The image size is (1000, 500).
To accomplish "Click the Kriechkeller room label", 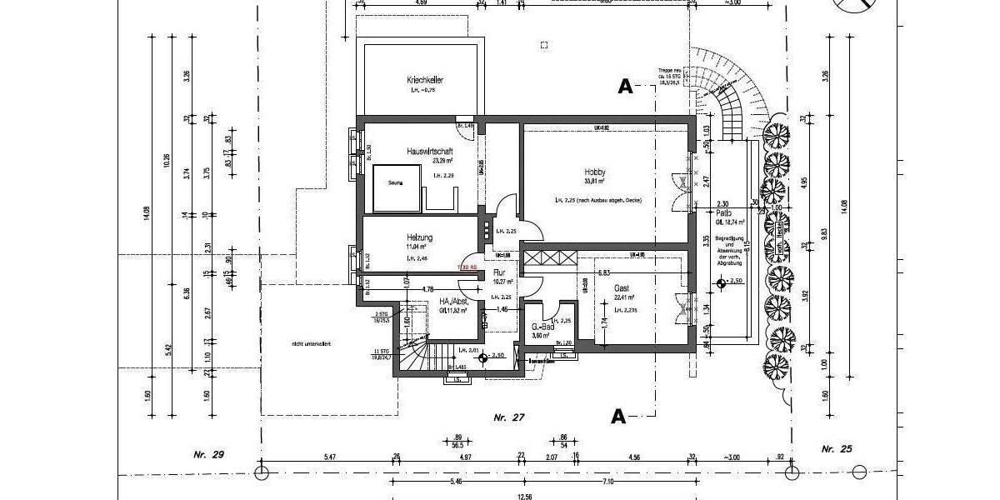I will point(425,80).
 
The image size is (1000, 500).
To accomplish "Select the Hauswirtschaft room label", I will point(429,151).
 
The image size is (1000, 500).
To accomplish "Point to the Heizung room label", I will point(420,237).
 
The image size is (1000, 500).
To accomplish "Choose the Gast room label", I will point(622,287).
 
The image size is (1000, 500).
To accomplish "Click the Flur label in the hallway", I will point(500,272).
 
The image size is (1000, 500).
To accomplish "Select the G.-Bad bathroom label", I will point(542,327).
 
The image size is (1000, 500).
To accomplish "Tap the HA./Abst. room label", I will point(454,302).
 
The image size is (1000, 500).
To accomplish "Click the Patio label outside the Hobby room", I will point(724,213).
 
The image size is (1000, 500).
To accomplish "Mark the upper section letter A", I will point(625,86).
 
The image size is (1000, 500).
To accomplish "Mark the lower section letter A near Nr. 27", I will point(618,417).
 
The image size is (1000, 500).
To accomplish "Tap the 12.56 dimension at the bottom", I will point(523,496).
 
